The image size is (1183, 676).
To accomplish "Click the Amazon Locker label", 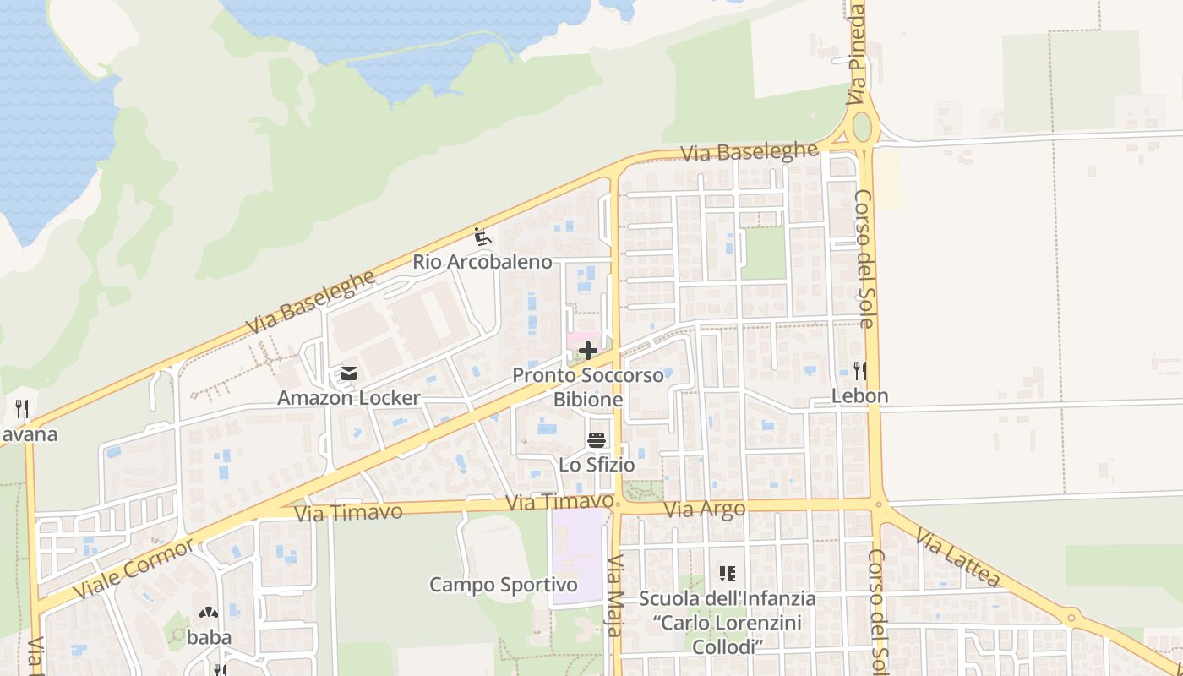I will (x=349, y=398).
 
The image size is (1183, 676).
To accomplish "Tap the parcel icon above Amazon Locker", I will (x=348, y=373).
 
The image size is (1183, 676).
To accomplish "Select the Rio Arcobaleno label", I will (x=482, y=262).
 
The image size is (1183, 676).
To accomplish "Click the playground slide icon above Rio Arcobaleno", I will (x=482, y=237).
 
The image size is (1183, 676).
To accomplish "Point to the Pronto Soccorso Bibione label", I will (x=588, y=387).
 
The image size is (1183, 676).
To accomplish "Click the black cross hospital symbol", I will (x=588, y=350).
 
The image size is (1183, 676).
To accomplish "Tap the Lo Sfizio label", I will (x=597, y=465).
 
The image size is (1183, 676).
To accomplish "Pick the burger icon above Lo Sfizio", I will (x=597, y=439).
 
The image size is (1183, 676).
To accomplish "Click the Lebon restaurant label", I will (x=860, y=395).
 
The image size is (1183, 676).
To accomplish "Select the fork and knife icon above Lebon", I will (x=860, y=370).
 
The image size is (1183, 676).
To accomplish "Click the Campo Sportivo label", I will (x=504, y=585).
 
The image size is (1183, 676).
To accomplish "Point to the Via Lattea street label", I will (x=957, y=558).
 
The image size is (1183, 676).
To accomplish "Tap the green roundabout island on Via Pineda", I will (x=862, y=128).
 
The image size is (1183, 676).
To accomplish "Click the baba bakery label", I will (x=209, y=637).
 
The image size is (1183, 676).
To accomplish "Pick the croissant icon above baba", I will (x=208, y=612).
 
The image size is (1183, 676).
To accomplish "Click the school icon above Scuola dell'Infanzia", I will (x=727, y=574).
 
